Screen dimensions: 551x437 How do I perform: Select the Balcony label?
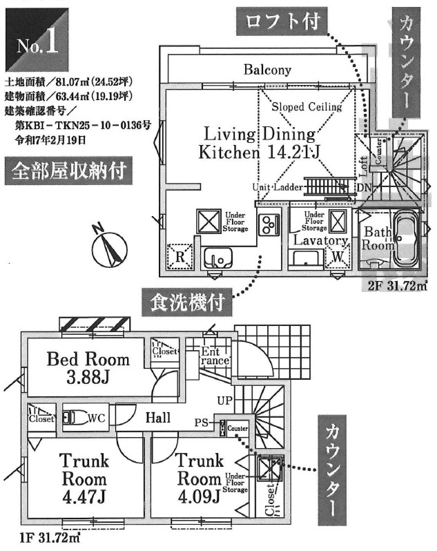point(266,70)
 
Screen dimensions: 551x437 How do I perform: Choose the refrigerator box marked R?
point(180,257)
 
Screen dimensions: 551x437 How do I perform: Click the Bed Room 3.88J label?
point(88,367)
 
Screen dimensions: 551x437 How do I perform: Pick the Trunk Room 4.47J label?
point(82,478)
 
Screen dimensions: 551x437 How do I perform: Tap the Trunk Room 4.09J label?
point(198,478)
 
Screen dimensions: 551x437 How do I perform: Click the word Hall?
point(158,418)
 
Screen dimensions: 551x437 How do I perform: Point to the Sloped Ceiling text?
point(306,107)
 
